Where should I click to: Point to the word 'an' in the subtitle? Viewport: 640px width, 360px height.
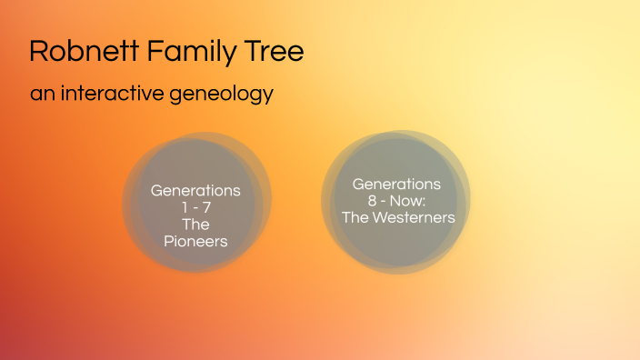tap(41, 94)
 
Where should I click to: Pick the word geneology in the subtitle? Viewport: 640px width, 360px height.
tap(222, 94)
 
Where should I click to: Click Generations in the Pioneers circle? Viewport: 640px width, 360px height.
tap(195, 191)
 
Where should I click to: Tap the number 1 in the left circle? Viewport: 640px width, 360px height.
tap(184, 208)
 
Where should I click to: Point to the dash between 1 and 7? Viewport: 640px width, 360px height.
tap(195, 208)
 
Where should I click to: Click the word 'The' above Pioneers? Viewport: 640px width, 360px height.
tap(195, 225)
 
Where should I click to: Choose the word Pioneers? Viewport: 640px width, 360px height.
tap(195, 241)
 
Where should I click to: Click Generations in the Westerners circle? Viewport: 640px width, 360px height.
tap(396, 185)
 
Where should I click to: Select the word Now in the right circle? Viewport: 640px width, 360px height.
tap(405, 201)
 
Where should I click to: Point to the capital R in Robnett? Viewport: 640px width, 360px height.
tap(38, 51)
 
